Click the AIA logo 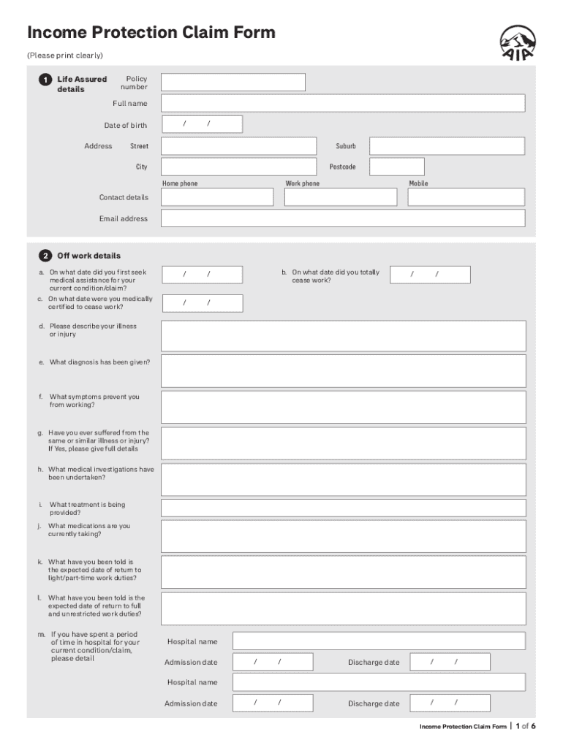517,42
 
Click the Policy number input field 233,83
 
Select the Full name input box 343,103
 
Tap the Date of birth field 202,124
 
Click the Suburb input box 447,146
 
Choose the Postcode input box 396,167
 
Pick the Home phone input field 217,197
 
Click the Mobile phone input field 466,197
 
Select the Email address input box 343,218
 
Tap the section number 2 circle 45,256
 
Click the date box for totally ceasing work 430,275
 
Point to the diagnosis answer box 343,370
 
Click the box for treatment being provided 343,508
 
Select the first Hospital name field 379,641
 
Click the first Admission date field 273,662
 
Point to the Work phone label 302,183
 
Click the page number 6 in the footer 534,727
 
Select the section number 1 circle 45,80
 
